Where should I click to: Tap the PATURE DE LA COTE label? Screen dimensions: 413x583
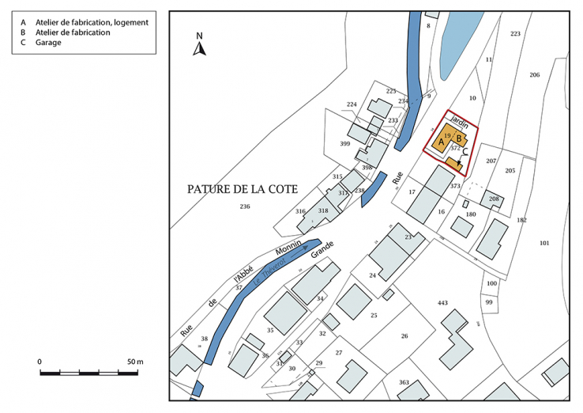[237, 189]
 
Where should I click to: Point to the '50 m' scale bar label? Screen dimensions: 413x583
[135, 362]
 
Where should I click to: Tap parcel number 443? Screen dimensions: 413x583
[442, 303]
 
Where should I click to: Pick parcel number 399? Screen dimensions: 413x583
[344, 144]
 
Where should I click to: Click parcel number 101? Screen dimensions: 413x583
[544, 242]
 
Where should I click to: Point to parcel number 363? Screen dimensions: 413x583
[404, 382]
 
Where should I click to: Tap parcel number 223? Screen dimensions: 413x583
[516, 33]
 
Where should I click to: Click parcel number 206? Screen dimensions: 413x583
[535, 74]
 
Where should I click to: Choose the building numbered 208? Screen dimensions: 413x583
[495, 199]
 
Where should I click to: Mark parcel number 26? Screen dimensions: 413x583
[404, 335]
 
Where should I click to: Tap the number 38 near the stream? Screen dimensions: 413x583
[204, 339]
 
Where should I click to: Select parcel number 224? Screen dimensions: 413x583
[352, 104]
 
